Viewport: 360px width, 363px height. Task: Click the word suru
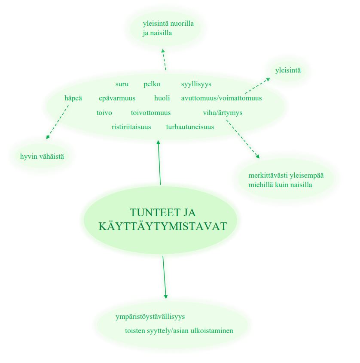click(122, 84)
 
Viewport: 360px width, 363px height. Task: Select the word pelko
click(152, 84)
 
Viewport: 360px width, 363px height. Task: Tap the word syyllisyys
click(196, 84)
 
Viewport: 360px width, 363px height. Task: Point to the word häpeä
click(73, 98)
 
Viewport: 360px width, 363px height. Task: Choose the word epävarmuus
click(117, 98)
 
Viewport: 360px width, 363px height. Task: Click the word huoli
click(162, 98)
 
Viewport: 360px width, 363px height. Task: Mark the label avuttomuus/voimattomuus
click(221, 98)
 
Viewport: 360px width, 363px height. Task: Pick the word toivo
click(104, 113)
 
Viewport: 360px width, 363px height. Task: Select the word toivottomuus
click(151, 113)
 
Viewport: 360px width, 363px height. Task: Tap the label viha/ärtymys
click(223, 113)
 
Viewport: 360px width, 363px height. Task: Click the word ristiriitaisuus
click(131, 127)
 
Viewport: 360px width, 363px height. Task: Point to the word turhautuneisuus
click(190, 127)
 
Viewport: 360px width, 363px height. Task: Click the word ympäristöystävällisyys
click(150, 317)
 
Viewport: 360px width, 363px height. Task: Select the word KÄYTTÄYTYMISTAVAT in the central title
click(163, 226)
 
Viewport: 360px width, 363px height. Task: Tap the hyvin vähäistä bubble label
click(42, 157)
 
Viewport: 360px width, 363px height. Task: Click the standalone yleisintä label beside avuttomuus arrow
click(288, 70)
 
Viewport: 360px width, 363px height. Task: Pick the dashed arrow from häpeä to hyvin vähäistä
click(57, 122)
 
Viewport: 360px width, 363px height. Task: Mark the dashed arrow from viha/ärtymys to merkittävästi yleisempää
click(243, 139)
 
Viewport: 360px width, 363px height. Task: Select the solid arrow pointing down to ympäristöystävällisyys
click(165, 277)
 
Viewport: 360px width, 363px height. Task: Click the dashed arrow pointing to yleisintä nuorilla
click(164, 59)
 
